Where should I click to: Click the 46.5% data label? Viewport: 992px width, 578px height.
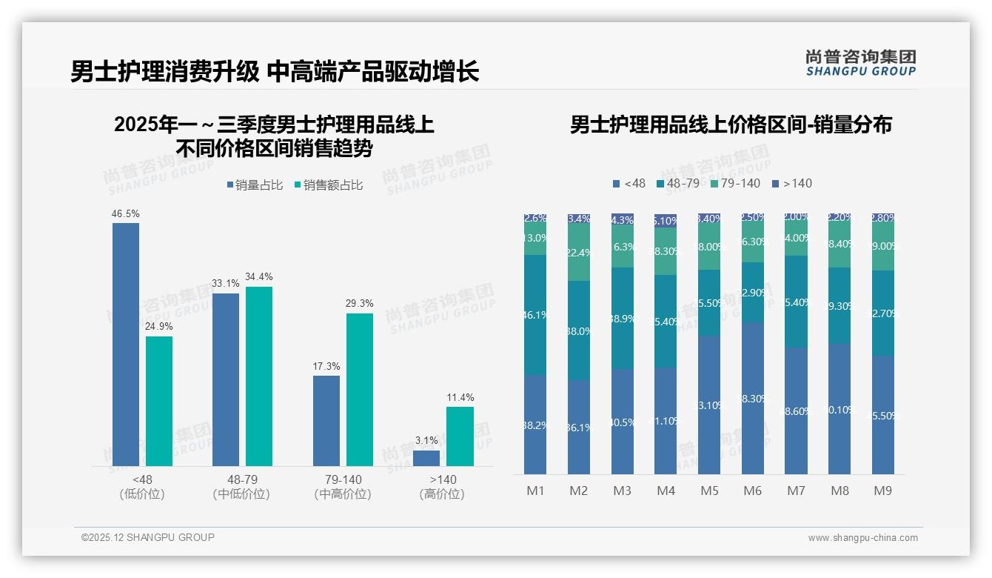pyautogui.click(x=126, y=213)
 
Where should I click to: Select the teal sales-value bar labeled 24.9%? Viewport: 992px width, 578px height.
pyautogui.click(x=159, y=401)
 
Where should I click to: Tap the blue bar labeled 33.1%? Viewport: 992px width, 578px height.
pyautogui.click(x=226, y=379)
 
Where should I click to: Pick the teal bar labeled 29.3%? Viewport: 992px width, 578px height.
pyautogui.click(x=360, y=389)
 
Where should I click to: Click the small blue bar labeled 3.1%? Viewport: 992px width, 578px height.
pyautogui.click(x=426, y=458)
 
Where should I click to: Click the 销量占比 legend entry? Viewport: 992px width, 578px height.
pyautogui.click(x=255, y=185)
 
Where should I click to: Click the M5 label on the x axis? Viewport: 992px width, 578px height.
pyautogui.click(x=709, y=491)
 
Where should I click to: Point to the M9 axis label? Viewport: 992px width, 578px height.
pyautogui.click(x=883, y=491)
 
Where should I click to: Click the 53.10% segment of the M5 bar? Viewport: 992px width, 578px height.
pyautogui.click(x=709, y=405)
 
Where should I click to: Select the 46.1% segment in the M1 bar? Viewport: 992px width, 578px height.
pyautogui.click(x=535, y=315)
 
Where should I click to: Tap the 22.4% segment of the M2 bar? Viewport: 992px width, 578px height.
pyautogui.click(x=579, y=253)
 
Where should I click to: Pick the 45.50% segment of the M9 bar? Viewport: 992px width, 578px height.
pyautogui.click(x=883, y=415)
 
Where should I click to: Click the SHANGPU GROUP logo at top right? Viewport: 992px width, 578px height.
pyautogui.click(x=861, y=63)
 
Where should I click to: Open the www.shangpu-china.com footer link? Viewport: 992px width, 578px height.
pyautogui.click(x=862, y=538)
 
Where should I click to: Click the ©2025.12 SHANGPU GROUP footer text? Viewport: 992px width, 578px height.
pyautogui.click(x=148, y=537)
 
